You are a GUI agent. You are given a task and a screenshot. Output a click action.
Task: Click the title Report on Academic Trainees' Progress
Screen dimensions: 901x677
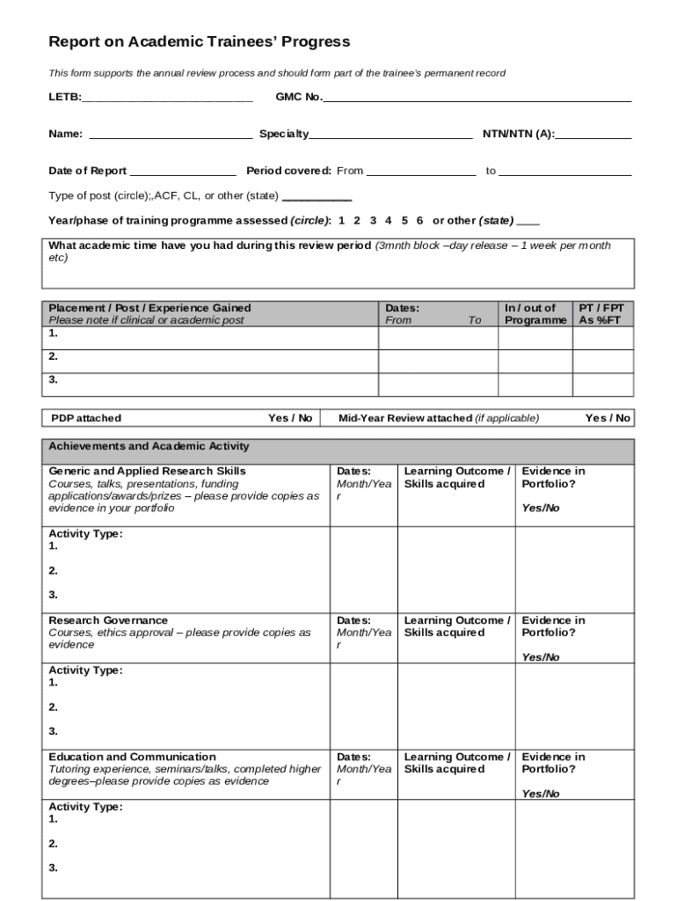coord(199,41)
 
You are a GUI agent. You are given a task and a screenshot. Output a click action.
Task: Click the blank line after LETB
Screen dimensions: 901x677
coord(167,98)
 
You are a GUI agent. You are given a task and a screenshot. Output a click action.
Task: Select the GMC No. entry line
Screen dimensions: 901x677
coord(477,98)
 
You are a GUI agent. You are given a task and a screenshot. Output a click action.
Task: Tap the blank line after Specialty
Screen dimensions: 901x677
coord(390,135)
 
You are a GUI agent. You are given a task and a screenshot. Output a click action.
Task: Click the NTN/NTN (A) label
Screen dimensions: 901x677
coord(518,135)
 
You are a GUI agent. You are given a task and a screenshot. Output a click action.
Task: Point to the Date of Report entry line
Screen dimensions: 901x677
coord(183,172)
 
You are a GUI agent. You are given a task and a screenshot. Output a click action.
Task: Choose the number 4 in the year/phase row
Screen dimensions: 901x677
coord(388,220)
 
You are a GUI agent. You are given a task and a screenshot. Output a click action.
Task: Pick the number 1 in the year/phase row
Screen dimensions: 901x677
coord(342,220)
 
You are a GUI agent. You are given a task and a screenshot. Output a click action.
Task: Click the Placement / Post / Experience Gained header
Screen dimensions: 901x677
coord(149,308)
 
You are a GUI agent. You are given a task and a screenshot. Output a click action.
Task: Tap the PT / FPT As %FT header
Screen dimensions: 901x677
coord(601,314)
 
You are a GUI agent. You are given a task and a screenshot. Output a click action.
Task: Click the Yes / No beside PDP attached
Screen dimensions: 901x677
coord(290,418)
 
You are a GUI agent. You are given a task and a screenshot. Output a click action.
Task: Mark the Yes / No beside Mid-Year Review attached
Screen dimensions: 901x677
coord(608,418)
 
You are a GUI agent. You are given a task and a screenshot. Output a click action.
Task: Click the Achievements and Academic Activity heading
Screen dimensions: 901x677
coord(149,446)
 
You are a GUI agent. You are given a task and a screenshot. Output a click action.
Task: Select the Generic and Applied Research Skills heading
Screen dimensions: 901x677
coord(147,471)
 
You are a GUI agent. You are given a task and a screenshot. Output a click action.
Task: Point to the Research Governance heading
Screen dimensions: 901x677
coord(108,620)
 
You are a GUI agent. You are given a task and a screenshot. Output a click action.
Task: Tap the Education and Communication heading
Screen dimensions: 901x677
coord(132,757)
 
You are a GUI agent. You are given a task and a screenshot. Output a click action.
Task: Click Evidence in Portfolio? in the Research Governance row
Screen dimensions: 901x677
coord(553,626)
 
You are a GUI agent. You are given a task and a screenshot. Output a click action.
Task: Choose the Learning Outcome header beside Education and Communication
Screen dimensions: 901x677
coord(455,763)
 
